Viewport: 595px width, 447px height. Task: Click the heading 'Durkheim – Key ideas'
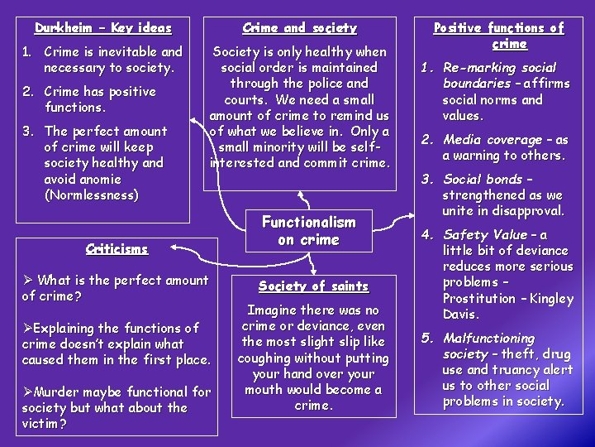[x=103, y=28]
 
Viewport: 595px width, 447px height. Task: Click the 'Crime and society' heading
[x=300, y=28]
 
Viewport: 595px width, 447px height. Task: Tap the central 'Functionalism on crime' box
[x=308, y=231]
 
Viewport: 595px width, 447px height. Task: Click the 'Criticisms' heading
[x=117, y=248]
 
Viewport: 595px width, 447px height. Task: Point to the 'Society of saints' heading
[x=313, y=286]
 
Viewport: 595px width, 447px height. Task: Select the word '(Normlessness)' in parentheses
[x=91, y=195]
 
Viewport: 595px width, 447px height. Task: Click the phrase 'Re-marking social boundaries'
[x=499, y=74]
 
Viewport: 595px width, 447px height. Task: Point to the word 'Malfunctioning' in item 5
[x=489, y=338]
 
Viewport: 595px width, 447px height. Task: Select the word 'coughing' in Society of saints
[x=266, y=358]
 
